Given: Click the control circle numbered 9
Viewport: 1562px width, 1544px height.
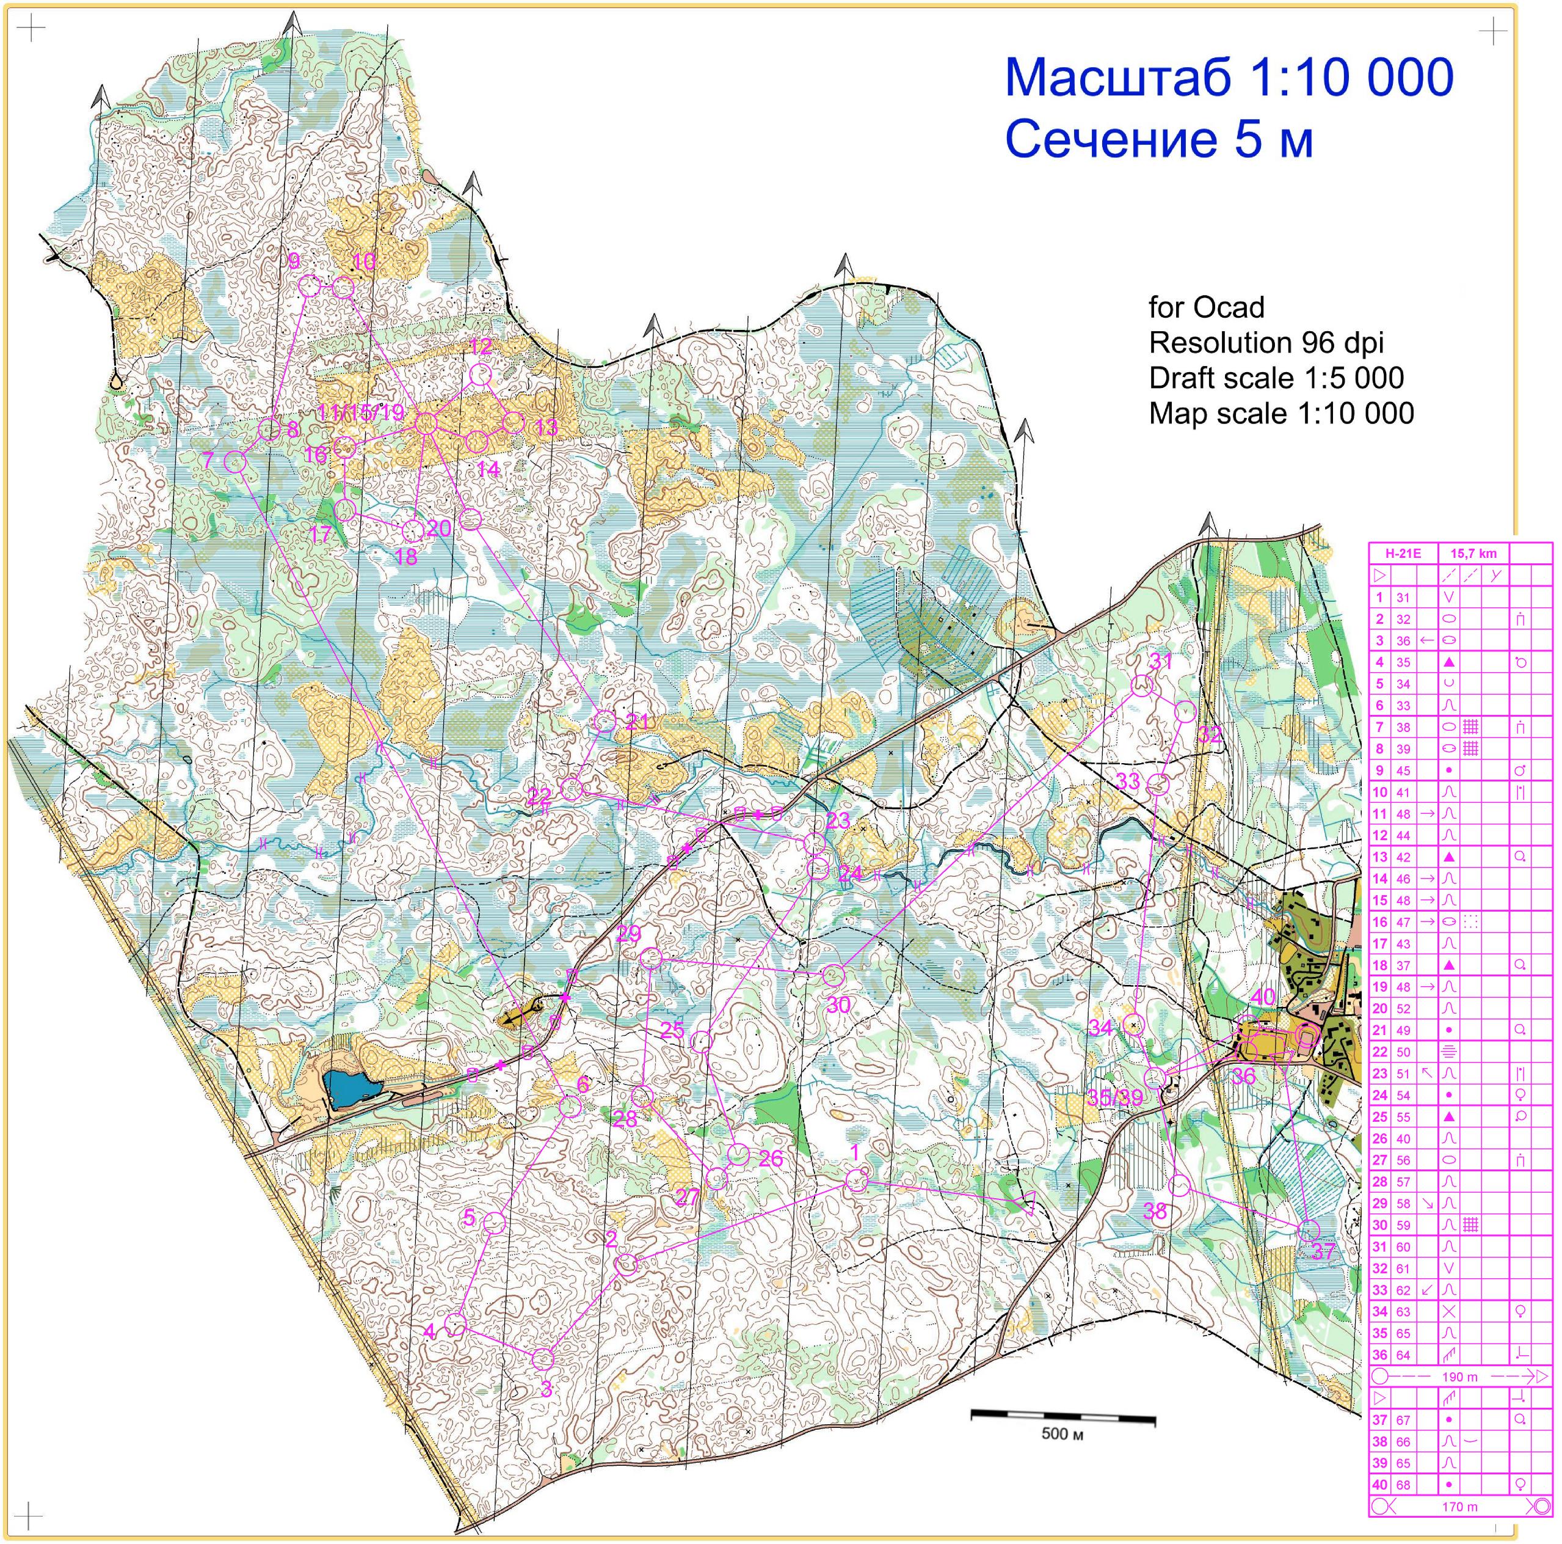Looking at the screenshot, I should click(310, 285).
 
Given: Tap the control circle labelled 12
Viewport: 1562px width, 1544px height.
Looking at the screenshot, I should click(480, 375).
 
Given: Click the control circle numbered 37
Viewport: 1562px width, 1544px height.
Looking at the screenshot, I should click(1307, 1230).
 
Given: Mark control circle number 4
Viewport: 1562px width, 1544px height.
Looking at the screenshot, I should click(455, 1324).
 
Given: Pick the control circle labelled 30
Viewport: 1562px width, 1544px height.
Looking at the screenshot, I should click(833, 975).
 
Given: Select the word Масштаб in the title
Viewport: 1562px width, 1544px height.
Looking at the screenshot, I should click(1118, 78).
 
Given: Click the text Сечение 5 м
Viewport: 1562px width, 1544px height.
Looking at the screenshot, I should click(1158, 139).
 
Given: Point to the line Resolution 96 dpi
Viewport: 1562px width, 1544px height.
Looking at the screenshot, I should click(1266, 343).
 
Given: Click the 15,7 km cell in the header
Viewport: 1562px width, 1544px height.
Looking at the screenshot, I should click(1473, 554).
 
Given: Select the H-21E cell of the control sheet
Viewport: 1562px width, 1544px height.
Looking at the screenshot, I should click(1403, 554).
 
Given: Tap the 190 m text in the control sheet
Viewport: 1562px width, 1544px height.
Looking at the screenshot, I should click(1459, 1376).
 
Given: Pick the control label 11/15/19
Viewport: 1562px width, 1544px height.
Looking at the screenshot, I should click(360, 412).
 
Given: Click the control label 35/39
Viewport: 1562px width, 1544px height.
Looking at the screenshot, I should click(1116, 1097).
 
